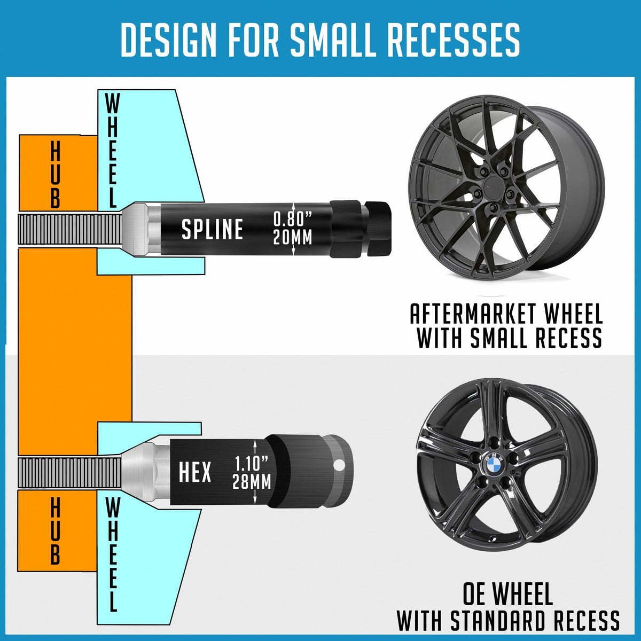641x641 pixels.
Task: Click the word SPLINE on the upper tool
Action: [212, 229]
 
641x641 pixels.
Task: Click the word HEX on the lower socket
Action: [195, 472]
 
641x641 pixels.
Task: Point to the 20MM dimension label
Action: [292, 237]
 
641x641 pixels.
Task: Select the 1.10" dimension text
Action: [252, 463]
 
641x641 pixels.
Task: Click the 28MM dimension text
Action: [252, 482]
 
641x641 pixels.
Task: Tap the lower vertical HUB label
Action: [55, 531]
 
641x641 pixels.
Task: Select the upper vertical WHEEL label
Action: [112, 151]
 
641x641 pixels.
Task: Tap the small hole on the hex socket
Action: [338, 466]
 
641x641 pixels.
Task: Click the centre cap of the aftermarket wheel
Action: [493, 187]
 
